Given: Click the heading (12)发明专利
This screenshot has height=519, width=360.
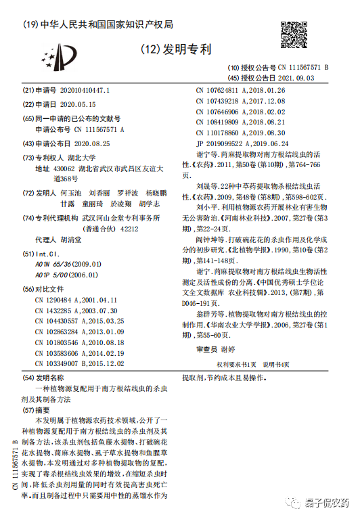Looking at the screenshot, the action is pos(177,49).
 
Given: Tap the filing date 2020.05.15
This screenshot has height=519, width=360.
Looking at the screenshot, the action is pos(78,105).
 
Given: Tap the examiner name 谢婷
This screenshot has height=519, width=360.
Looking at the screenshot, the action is pos(246,350).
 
